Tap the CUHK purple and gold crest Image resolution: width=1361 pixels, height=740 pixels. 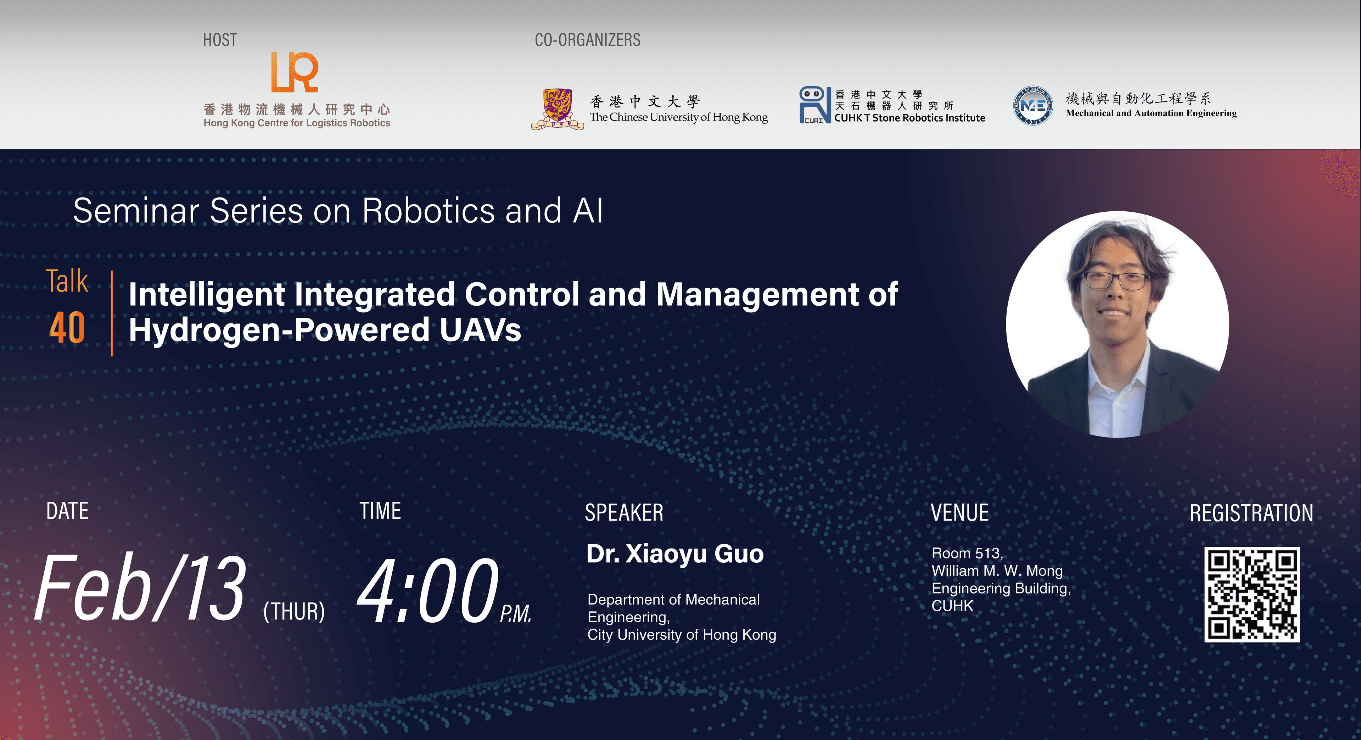(x=558, y=109)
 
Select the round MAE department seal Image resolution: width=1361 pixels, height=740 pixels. (x=1032, y=106)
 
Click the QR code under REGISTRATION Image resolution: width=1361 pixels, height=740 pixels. (x=1251, y=594)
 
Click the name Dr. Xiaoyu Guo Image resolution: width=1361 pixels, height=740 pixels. (x=675, y=554)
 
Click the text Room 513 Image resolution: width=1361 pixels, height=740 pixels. (x=967, y=553)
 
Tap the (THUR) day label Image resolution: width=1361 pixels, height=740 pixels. (x=294, y=612)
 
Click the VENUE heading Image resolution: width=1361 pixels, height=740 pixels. (x=959, y=513)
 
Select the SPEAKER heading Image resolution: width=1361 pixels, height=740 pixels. (x=624, y=513)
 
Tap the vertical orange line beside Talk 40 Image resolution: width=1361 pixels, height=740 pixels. (x=112, y=313)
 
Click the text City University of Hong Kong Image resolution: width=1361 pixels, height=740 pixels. (x=682, y=635)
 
